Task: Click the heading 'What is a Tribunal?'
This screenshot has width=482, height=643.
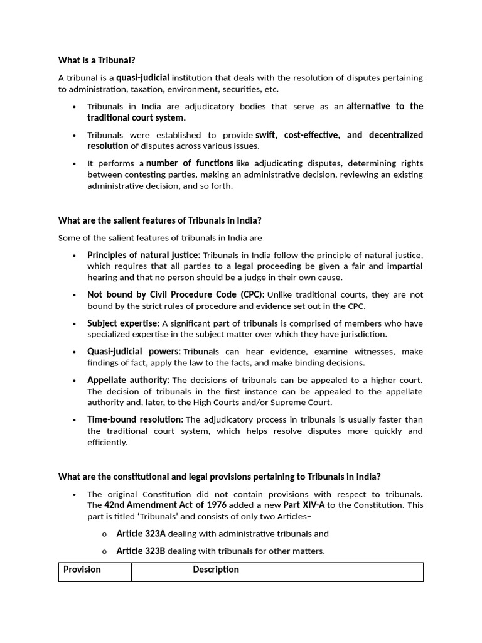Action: pos(97,60)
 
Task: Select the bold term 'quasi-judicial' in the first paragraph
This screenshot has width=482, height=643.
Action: pos(142,78)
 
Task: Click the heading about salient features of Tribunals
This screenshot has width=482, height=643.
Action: pos(159,220)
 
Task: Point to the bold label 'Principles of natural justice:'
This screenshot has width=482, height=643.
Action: pos(144,255)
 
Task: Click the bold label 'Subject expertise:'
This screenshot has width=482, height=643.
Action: pos(123,323)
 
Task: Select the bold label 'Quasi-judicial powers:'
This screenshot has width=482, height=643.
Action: pos(134,352)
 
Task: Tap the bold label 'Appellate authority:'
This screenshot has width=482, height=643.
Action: pos(128,380)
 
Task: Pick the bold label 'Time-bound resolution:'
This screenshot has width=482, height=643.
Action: pos(135,419)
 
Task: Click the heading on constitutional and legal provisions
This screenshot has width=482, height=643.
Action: pos(219,477)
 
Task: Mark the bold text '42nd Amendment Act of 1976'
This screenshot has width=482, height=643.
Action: pos(165,505)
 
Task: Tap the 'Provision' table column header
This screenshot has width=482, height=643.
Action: pos(82,570)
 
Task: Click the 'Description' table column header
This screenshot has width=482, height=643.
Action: pos(216,570)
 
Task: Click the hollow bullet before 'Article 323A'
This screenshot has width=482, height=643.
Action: pos(104,534)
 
